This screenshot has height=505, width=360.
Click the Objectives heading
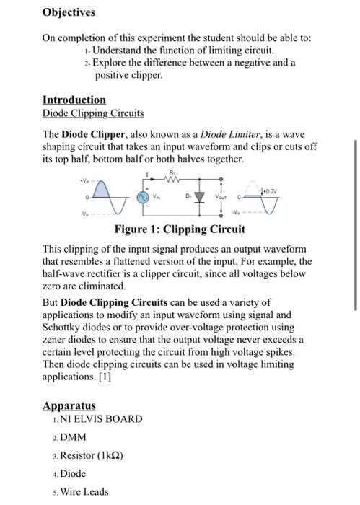69,13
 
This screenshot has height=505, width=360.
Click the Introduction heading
74,100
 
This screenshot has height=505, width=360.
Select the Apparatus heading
69,406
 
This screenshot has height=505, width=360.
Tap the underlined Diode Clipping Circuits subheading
93,113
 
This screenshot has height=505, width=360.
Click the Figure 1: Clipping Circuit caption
180,230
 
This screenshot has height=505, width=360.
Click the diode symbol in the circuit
200,195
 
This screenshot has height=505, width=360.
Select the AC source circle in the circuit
144,195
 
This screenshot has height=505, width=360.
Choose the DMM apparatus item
74,437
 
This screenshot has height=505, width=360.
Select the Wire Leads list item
84,492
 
